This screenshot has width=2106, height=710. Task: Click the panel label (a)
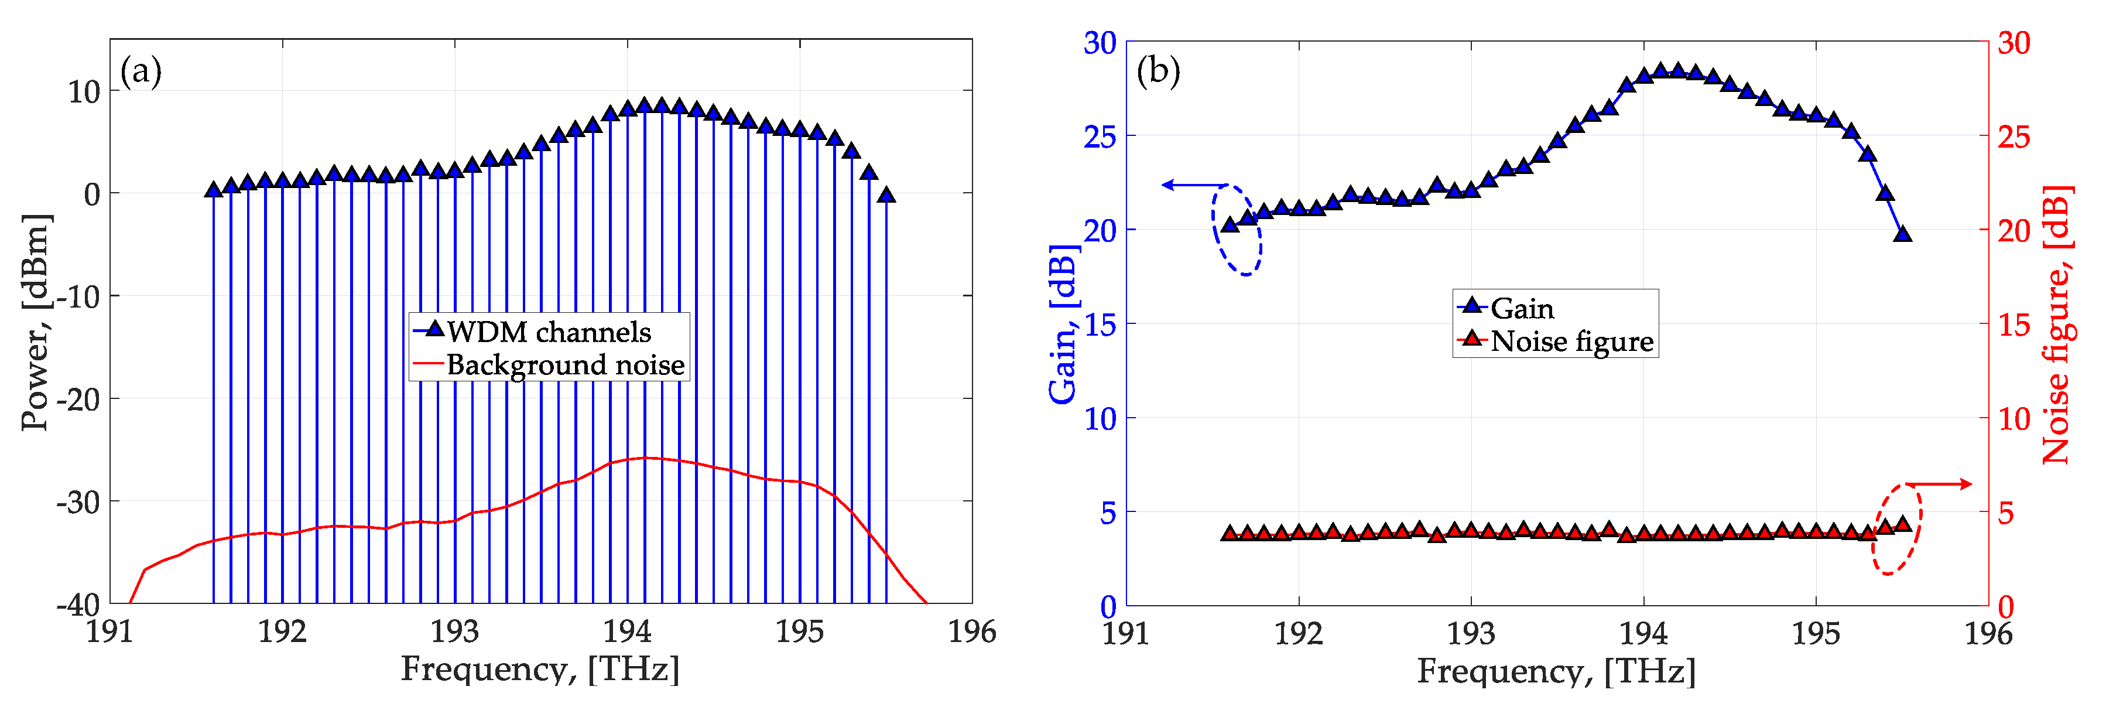coord(141,72)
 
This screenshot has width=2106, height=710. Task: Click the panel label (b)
coord(1158,72)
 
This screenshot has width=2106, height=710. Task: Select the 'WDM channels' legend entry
coord(549,332)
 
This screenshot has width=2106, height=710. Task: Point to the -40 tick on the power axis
coord(78,605)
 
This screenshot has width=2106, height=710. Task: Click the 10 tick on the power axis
coord(84,91)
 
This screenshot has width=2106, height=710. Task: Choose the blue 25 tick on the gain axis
coord(1100,136)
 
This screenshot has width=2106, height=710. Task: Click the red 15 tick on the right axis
coord(2013,325)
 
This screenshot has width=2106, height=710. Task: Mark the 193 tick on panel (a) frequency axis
coord(454,632)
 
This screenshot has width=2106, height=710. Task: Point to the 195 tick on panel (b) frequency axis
coord(1816,633)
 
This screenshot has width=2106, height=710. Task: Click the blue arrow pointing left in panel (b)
coord(1194,185)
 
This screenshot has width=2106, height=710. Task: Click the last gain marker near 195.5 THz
coord(1902,234)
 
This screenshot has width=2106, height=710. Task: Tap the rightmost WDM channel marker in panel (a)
coord(886,194)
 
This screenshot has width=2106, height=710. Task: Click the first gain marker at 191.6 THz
coord(1230,225)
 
